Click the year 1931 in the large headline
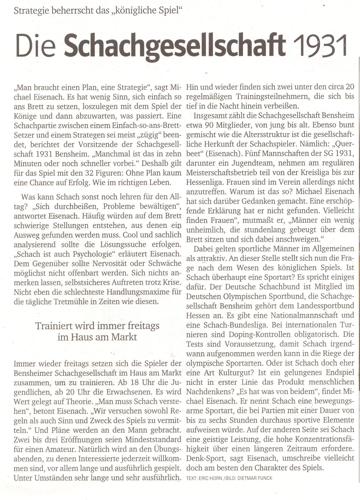pyautogui.click(x=320, y=46)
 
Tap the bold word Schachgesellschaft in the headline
pyautogui.click(x=175, y=46)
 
